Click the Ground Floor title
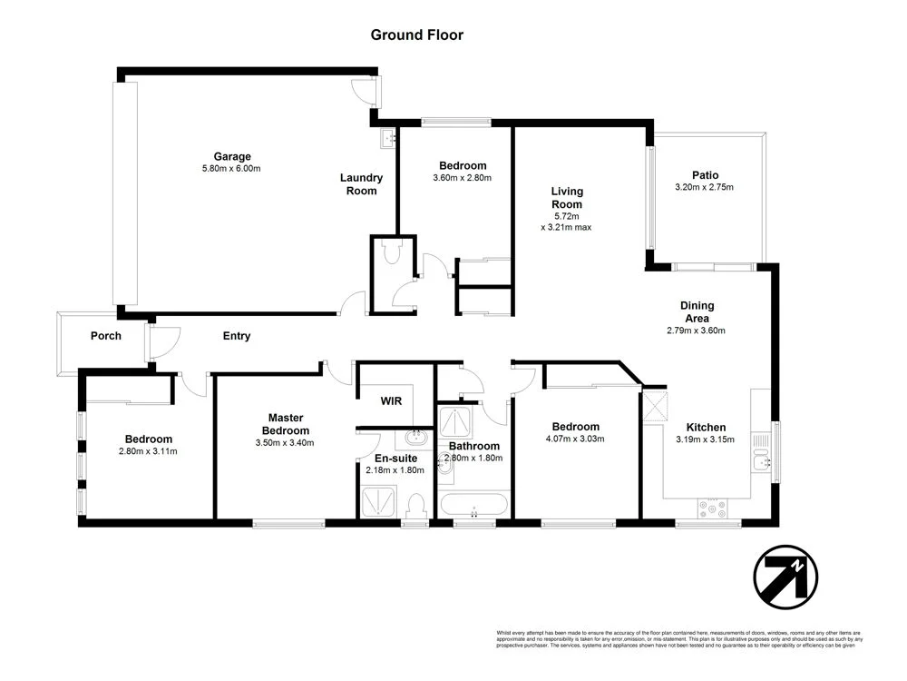[x=416, y=35]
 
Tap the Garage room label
[x=232, y=156]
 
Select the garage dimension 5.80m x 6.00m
[x=232, y=169]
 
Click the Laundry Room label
[x=361, y=184]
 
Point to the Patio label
[x=704, y=175]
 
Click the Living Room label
[x=567, y=197]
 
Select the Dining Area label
[x=697, y=311]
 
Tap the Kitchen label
[x=705, y=427]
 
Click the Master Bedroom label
[x=286, y=424]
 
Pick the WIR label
[x=391, y=400]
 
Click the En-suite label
[x=395, y=458]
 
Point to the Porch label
[x=105, y=336]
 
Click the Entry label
[x=237, y=336]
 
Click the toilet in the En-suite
[x=416, y=503]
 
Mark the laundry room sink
[x=387, y=139]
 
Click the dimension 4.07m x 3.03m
[x=575, y=439]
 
